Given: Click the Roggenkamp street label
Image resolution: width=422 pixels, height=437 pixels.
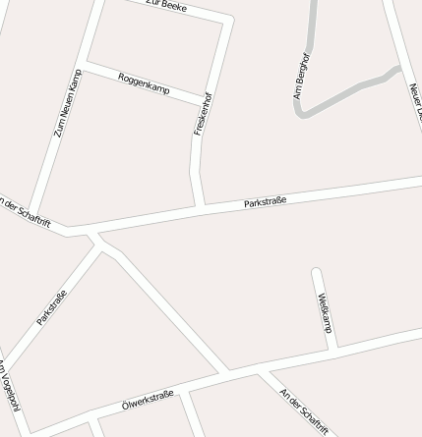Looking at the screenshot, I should [144, 83].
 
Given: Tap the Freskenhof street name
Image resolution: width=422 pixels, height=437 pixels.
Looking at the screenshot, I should [203, 115].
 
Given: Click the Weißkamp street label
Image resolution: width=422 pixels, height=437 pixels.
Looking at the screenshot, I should [326, 312].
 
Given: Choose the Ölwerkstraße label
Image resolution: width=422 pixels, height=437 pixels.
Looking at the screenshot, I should [148, 399].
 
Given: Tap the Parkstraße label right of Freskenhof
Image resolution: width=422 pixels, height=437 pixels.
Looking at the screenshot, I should [265, 202].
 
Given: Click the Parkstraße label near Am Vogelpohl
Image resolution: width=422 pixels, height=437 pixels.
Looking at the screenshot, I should [51, 307].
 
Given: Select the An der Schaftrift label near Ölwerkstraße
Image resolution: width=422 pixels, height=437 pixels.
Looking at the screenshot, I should [303, 410].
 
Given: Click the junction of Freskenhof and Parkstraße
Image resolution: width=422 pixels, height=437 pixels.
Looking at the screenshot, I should [202, 206].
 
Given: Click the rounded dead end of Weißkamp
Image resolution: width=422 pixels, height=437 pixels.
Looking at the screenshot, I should [317, 272].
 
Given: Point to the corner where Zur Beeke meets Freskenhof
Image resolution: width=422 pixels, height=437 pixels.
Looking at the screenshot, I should [230, 20].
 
